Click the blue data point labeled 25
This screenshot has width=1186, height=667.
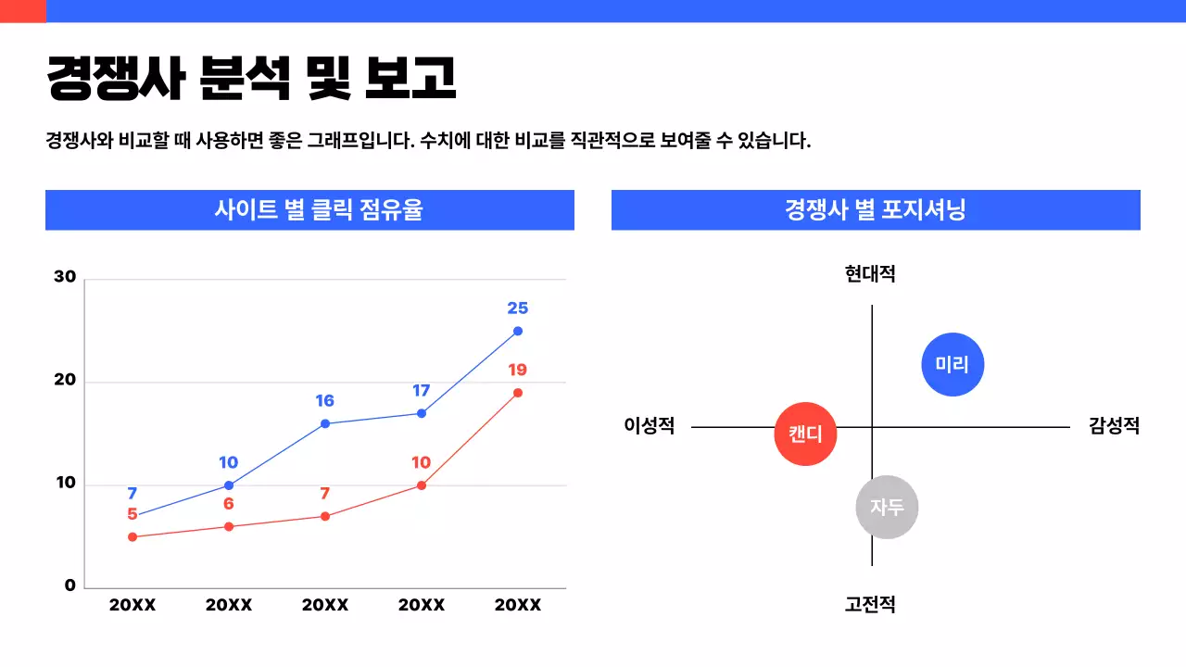(x=518, y=331)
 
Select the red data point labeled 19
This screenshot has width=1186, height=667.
(x=518, y=393)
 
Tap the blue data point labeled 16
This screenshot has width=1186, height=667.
(x=325, y=423)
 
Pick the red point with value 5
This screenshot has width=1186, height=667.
(x=132, y=536)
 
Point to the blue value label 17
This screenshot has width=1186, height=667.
(x=422, y=391)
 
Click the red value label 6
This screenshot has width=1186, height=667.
(x=229, y=504)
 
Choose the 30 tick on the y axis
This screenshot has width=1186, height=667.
(x=65, y=277)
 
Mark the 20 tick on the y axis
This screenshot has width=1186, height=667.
(x=65, y=381)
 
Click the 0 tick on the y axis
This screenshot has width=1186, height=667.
(x=70, y=585)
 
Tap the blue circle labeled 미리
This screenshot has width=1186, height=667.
(x=953, y=364)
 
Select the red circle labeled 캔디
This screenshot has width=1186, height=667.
(x=805, y=434)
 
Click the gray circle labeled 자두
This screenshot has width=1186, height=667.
(x=887, y=507)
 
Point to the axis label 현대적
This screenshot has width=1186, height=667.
(x=870, y=274)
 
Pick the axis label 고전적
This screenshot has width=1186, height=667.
(x=870, y=605)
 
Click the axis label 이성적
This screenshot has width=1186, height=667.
(x=650, y=426)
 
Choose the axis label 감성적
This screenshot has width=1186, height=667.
(x=1114, y=426)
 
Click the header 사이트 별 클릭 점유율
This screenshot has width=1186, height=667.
(x=309, y=210)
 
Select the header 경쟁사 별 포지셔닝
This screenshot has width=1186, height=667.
(x=876, y=210)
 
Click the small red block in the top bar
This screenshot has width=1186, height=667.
(x=22, y=11)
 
